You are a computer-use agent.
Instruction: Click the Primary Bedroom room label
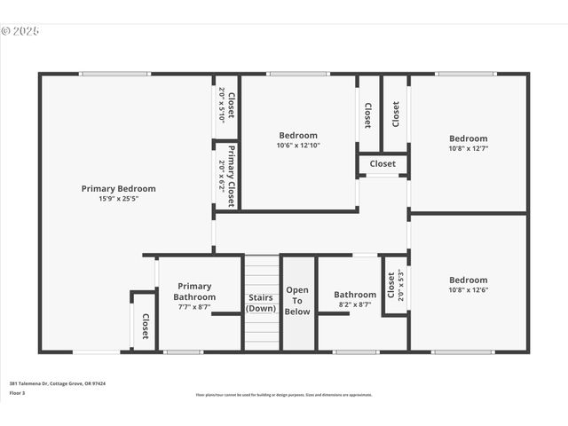(x=118, y=188)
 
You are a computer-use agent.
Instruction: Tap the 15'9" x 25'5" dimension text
(x=118, y=199)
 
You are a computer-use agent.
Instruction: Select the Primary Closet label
(x=231, y=176)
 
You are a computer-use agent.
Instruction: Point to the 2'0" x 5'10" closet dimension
(x=221, y=105)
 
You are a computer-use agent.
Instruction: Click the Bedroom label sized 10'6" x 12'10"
(x=297, y=136)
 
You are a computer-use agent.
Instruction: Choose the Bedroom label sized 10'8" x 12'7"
(x=468, y=138)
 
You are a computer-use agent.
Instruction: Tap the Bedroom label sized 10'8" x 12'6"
(x=468, y=280)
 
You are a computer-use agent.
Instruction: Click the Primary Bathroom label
(x=194, y=291)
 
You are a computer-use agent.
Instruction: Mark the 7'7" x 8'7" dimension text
(x=194, y=307)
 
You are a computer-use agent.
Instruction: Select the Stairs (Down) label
(x=261, y=303)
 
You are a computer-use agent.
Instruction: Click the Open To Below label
(x=297, y=301)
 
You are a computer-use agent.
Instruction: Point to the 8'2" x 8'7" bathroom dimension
(x=355, y=304)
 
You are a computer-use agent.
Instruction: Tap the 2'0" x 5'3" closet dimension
(x=401, y=285)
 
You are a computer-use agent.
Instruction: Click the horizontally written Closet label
(x=383, y=164)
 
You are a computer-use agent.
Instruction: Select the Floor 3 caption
(x=18, y=392)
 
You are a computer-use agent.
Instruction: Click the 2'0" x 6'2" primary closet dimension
(x=221, y=176)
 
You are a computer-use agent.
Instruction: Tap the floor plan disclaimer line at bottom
(x=284, y=395)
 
